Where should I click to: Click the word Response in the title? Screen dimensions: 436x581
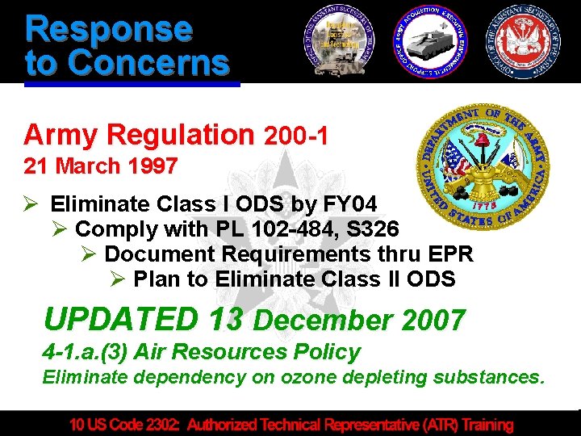tap(109, 29)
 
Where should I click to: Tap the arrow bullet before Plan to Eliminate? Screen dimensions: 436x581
tap(117, 280)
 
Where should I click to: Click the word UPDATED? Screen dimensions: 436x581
tap(120, 320)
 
